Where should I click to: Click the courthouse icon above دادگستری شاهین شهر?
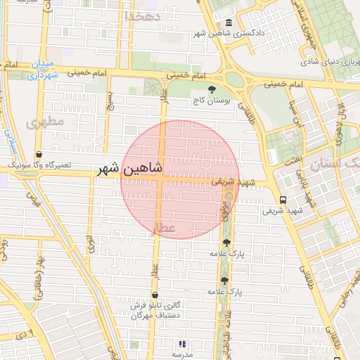pyautogui.click(x=231, y=23)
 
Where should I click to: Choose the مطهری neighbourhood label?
pyautogui.click(x=44, y=122)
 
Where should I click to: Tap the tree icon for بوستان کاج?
pyautogui.click(x=212, y=89)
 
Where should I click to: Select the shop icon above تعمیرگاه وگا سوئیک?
pyautogui.click(x=39, y=155)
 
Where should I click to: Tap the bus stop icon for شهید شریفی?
pyautogui.click(x=282, y=200)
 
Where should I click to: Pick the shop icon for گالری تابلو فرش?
pyautogui.click(x=155, y=295)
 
